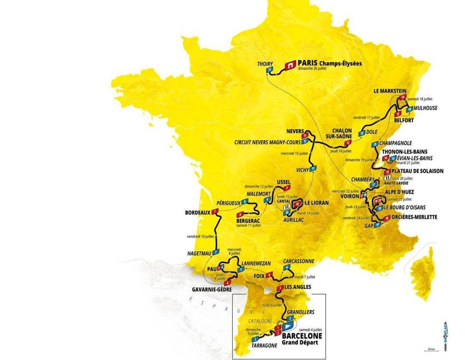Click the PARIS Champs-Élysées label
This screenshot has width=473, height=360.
[x=330, y=63]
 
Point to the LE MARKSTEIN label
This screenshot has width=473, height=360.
[x=390, y=91]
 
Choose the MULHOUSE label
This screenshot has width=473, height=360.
[x=425, y=108]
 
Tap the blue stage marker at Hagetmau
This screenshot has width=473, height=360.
[x=215, y=252]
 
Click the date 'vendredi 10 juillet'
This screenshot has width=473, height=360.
[x=200, y=237]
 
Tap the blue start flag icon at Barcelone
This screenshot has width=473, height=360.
[x=288, y=326]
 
